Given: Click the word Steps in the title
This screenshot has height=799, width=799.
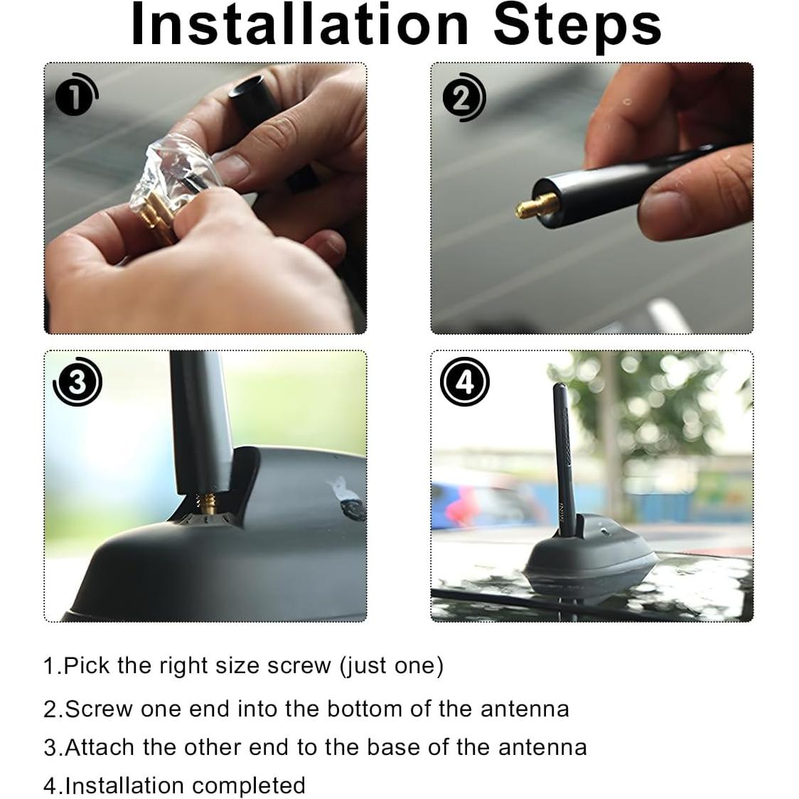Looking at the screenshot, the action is click(577, 26).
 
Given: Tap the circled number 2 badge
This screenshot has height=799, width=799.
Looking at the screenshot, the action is click(463, 97).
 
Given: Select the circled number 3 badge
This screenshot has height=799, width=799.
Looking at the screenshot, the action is click(77, 382).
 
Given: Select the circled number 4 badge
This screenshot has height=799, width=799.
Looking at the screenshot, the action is click(464, 382).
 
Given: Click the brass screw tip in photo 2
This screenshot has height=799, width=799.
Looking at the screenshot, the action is click(536, 205).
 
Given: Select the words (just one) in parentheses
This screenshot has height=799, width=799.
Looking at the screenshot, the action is click(392, 667).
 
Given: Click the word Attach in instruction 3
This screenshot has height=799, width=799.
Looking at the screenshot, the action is click(100, 748).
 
